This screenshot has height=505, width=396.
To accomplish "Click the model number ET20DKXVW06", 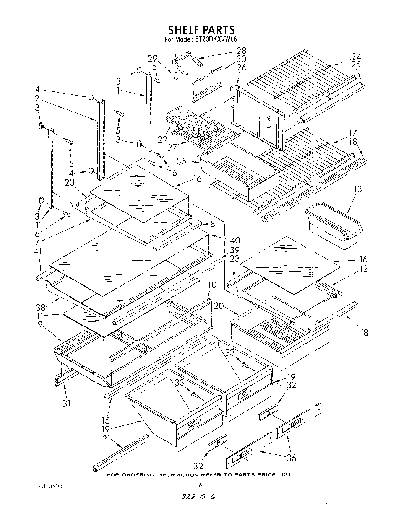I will [216, 39].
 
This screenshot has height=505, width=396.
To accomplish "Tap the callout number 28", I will [241, 50].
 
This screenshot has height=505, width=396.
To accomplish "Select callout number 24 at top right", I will [356, 56].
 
